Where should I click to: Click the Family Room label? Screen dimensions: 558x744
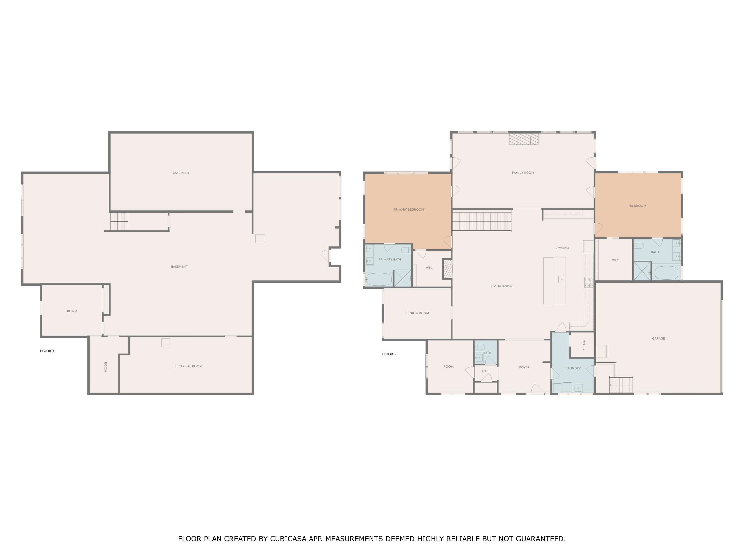pyautogui.click(x=523, y=173)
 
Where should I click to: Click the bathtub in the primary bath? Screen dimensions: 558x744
pyautogui.click(x=379, y=279)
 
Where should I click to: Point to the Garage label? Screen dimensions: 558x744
pyautogui.click(x=658, y=338)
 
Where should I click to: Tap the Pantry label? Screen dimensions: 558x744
pyautogui.click(x=584, y=345)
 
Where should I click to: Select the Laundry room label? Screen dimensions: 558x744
pyautogui.click(x=573, y=368)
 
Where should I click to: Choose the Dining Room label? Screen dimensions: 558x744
pyautogui.click(x=417, y=313)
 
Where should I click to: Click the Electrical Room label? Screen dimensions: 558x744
pyautogui.click(x=187, y=366)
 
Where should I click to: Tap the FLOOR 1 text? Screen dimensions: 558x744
pyautogui.click(x=47, y=351)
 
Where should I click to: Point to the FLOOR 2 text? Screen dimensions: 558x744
pyautogui.click(x=389, y=354)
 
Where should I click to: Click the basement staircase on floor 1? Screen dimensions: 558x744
pyautogui.click(x=119, y=222)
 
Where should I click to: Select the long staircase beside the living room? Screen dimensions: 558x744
pyautogui.click(x=481, y=221)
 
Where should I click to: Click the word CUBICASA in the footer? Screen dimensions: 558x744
pyautogui.click(x=288, y=539)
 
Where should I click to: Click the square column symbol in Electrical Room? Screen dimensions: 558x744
pyautogui.click(x=166, y=343)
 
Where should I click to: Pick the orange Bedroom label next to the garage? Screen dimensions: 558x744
pyautogui.click(x=638, y=206)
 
